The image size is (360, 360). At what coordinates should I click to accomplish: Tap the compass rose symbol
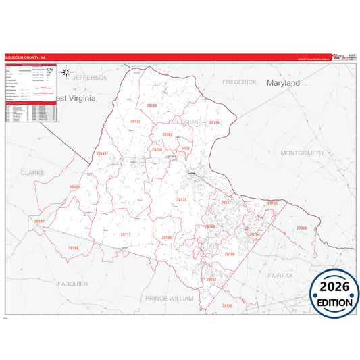66,71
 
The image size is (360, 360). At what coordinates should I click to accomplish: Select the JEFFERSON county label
90,78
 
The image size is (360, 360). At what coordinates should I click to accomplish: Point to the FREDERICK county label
240,82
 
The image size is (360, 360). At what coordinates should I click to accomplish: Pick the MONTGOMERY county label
302,153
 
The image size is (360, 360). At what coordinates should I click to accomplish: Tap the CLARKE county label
32,173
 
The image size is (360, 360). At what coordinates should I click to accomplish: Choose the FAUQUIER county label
72,284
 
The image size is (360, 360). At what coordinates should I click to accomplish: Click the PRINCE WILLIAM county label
169,298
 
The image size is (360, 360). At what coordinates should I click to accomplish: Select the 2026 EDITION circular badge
334,291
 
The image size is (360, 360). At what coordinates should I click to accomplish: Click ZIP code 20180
151,106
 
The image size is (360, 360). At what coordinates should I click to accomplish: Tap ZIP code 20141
102,154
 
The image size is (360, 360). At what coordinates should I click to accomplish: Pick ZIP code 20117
126,234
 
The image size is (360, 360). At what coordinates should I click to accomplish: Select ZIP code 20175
181,200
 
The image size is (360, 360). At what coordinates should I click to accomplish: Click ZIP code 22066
301,228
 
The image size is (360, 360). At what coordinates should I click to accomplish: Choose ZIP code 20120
227,305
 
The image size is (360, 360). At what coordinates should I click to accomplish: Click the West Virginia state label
76,97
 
